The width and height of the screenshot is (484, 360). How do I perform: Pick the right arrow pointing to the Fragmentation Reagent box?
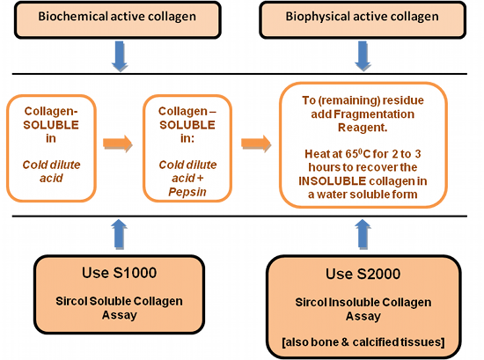pos(256,143)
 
